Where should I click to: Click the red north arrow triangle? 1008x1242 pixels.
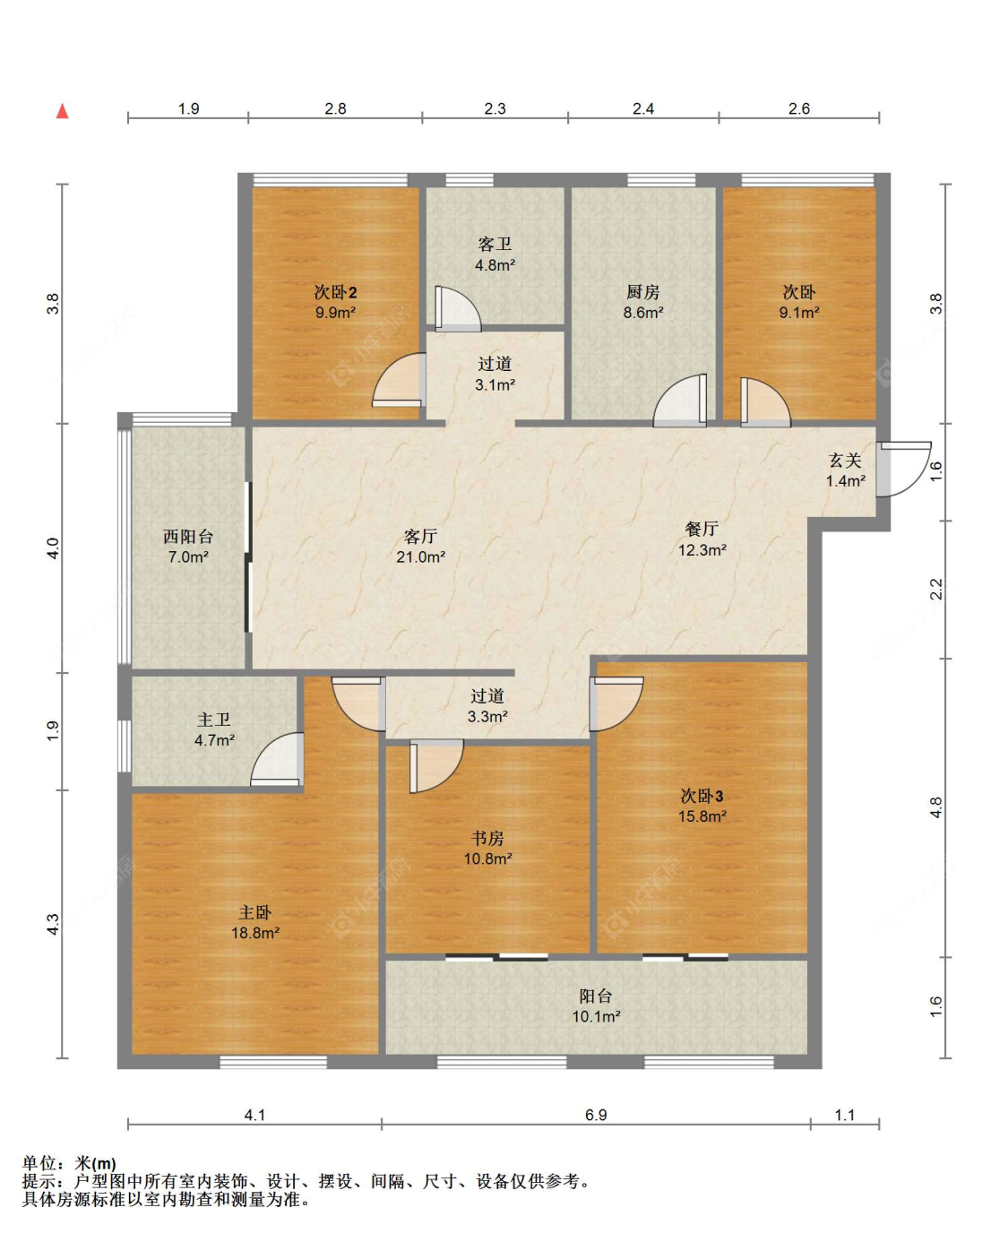pyautogui.click(x=62, y=111)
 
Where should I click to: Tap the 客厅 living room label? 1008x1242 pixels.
pyautogui.click(x=419, y=536)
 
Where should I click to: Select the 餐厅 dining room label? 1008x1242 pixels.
pyautogui.click(x=702, y=529)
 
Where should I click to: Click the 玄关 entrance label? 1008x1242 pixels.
pyautogui.click(x=845, y=461)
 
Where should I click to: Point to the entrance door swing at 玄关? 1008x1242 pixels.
pyautogui.click(x=904, y=469)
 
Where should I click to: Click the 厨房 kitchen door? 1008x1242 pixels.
pyautogui.click(x=680, y=401)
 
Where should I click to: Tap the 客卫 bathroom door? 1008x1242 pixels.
pyautogui.click(x=458, y=309)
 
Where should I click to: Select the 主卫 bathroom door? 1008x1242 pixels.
pyautogui.click(x=277, y=759)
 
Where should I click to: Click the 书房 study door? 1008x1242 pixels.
pyautogui.click(x=436, y=766)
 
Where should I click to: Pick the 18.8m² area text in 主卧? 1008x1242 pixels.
pyautogui.click(x=255, y=932)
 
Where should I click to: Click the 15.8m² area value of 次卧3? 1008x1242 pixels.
pyautogui.click(x=702, y=815)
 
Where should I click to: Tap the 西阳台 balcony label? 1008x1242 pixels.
pyautogui.click(x=188, y=536)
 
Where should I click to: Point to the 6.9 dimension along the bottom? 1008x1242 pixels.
pyautogui.click(x=596, y=1115)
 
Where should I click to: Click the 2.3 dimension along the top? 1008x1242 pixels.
pyautogui.click(x=495, y=108)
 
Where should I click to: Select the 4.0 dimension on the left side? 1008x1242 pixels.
pyautogui.click(x=53, y=548)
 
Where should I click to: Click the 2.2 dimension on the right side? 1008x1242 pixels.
pyautogui.click(x=935, y=589)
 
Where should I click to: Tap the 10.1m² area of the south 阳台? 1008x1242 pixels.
pyautogui.click(x=596, y=1016)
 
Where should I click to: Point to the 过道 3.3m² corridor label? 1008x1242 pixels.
pyautogui.click(x=487, y=706)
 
